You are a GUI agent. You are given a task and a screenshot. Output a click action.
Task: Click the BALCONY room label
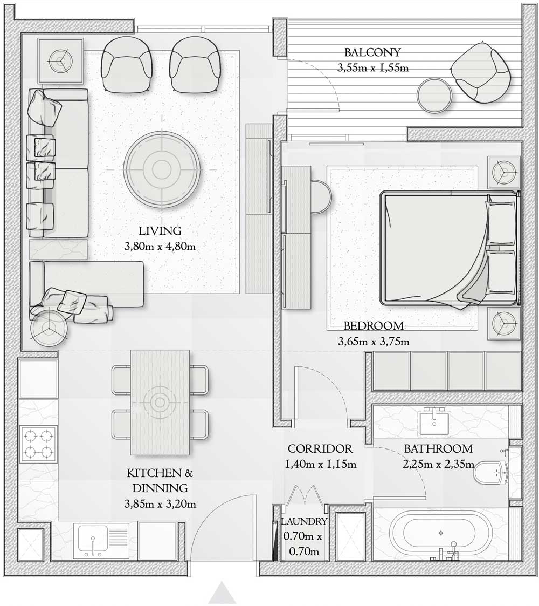coord(372,52)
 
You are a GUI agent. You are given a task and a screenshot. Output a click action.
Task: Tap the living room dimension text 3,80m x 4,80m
coord(160,246)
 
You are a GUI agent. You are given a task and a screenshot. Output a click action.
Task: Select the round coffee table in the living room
coord(162,168)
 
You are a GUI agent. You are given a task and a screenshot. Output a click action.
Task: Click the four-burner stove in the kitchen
coord(39,444)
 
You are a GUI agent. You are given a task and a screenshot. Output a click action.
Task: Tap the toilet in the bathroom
coord(490,473)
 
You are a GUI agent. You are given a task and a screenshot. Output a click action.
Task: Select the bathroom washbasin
coord(434,423)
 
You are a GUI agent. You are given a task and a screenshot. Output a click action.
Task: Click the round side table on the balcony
coord(435,96)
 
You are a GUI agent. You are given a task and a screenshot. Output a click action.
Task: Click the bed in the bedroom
coord(450,247)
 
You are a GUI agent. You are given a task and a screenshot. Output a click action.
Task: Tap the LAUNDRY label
coord(304,521)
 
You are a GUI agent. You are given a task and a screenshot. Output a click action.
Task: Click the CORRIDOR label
coord(320,449)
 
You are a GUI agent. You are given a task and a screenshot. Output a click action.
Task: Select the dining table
coord(160,403)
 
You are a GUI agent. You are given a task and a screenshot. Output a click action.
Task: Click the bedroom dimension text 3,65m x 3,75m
coord(374,342)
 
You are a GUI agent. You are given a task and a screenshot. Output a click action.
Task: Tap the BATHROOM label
coord(438,449)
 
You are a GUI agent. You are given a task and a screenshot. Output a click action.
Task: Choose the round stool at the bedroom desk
coord(321,196)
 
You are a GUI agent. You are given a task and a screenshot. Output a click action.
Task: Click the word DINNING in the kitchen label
coord(160,488)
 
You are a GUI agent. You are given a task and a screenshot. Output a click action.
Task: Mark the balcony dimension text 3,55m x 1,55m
coord(373,68)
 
